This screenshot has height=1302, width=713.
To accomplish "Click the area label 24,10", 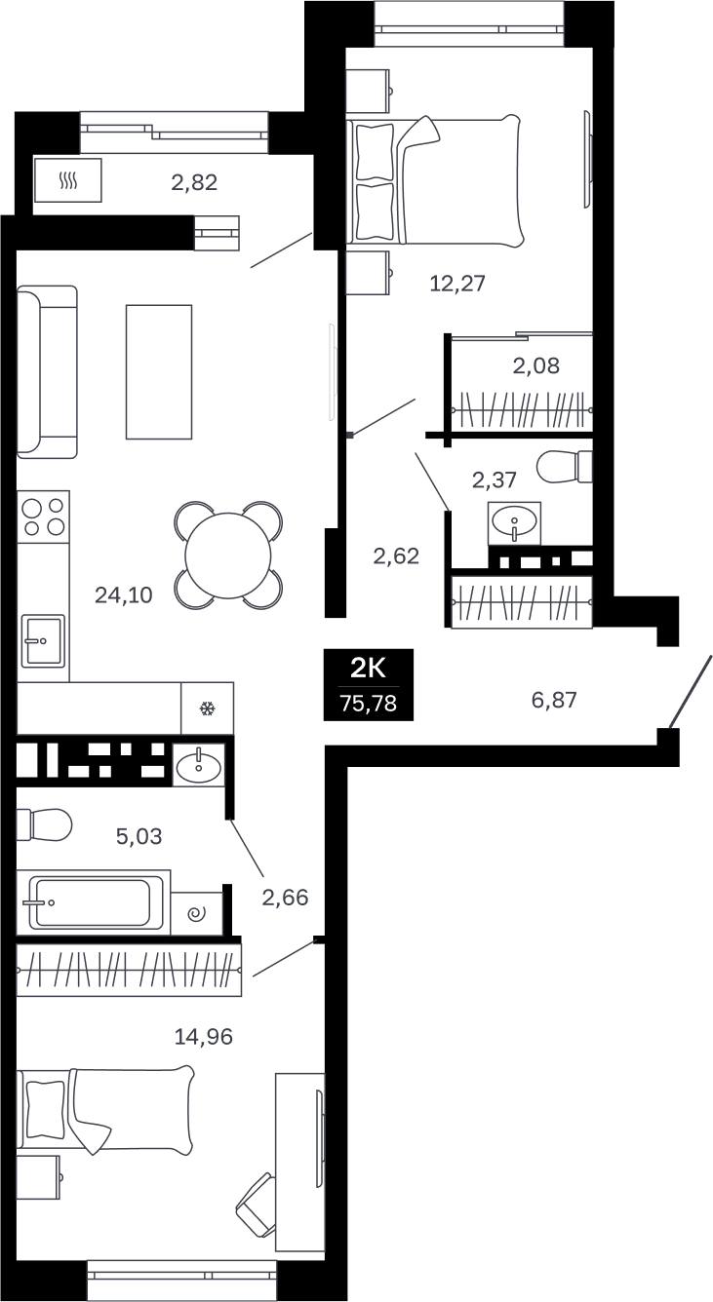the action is (123, 595).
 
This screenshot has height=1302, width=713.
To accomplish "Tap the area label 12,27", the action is (457, 283).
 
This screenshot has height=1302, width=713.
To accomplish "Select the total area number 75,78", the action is (369, 704).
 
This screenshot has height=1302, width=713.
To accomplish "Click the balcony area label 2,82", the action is (194, 182).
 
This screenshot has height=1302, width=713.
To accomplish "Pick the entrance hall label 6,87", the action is (554, 700).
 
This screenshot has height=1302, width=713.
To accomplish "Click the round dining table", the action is (228, 555).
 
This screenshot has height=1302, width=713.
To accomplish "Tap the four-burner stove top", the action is (43, 517).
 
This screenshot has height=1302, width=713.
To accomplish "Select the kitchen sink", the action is (43, 641).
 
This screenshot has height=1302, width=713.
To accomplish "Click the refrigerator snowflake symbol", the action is (207, 708).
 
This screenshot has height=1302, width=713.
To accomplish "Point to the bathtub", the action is (93, 902).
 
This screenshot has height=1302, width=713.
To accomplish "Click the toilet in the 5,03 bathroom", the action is (44, 824).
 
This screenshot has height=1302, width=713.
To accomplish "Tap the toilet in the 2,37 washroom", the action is (564, 466).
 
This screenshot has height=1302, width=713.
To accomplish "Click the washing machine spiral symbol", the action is (197, 914).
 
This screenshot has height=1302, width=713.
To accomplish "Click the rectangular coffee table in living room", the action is (159, 372).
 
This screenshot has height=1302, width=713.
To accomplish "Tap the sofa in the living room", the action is (47, 372).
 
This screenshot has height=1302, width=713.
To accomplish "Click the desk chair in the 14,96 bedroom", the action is (256, 1205).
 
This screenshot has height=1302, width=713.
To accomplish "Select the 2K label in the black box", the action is (368, 669).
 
